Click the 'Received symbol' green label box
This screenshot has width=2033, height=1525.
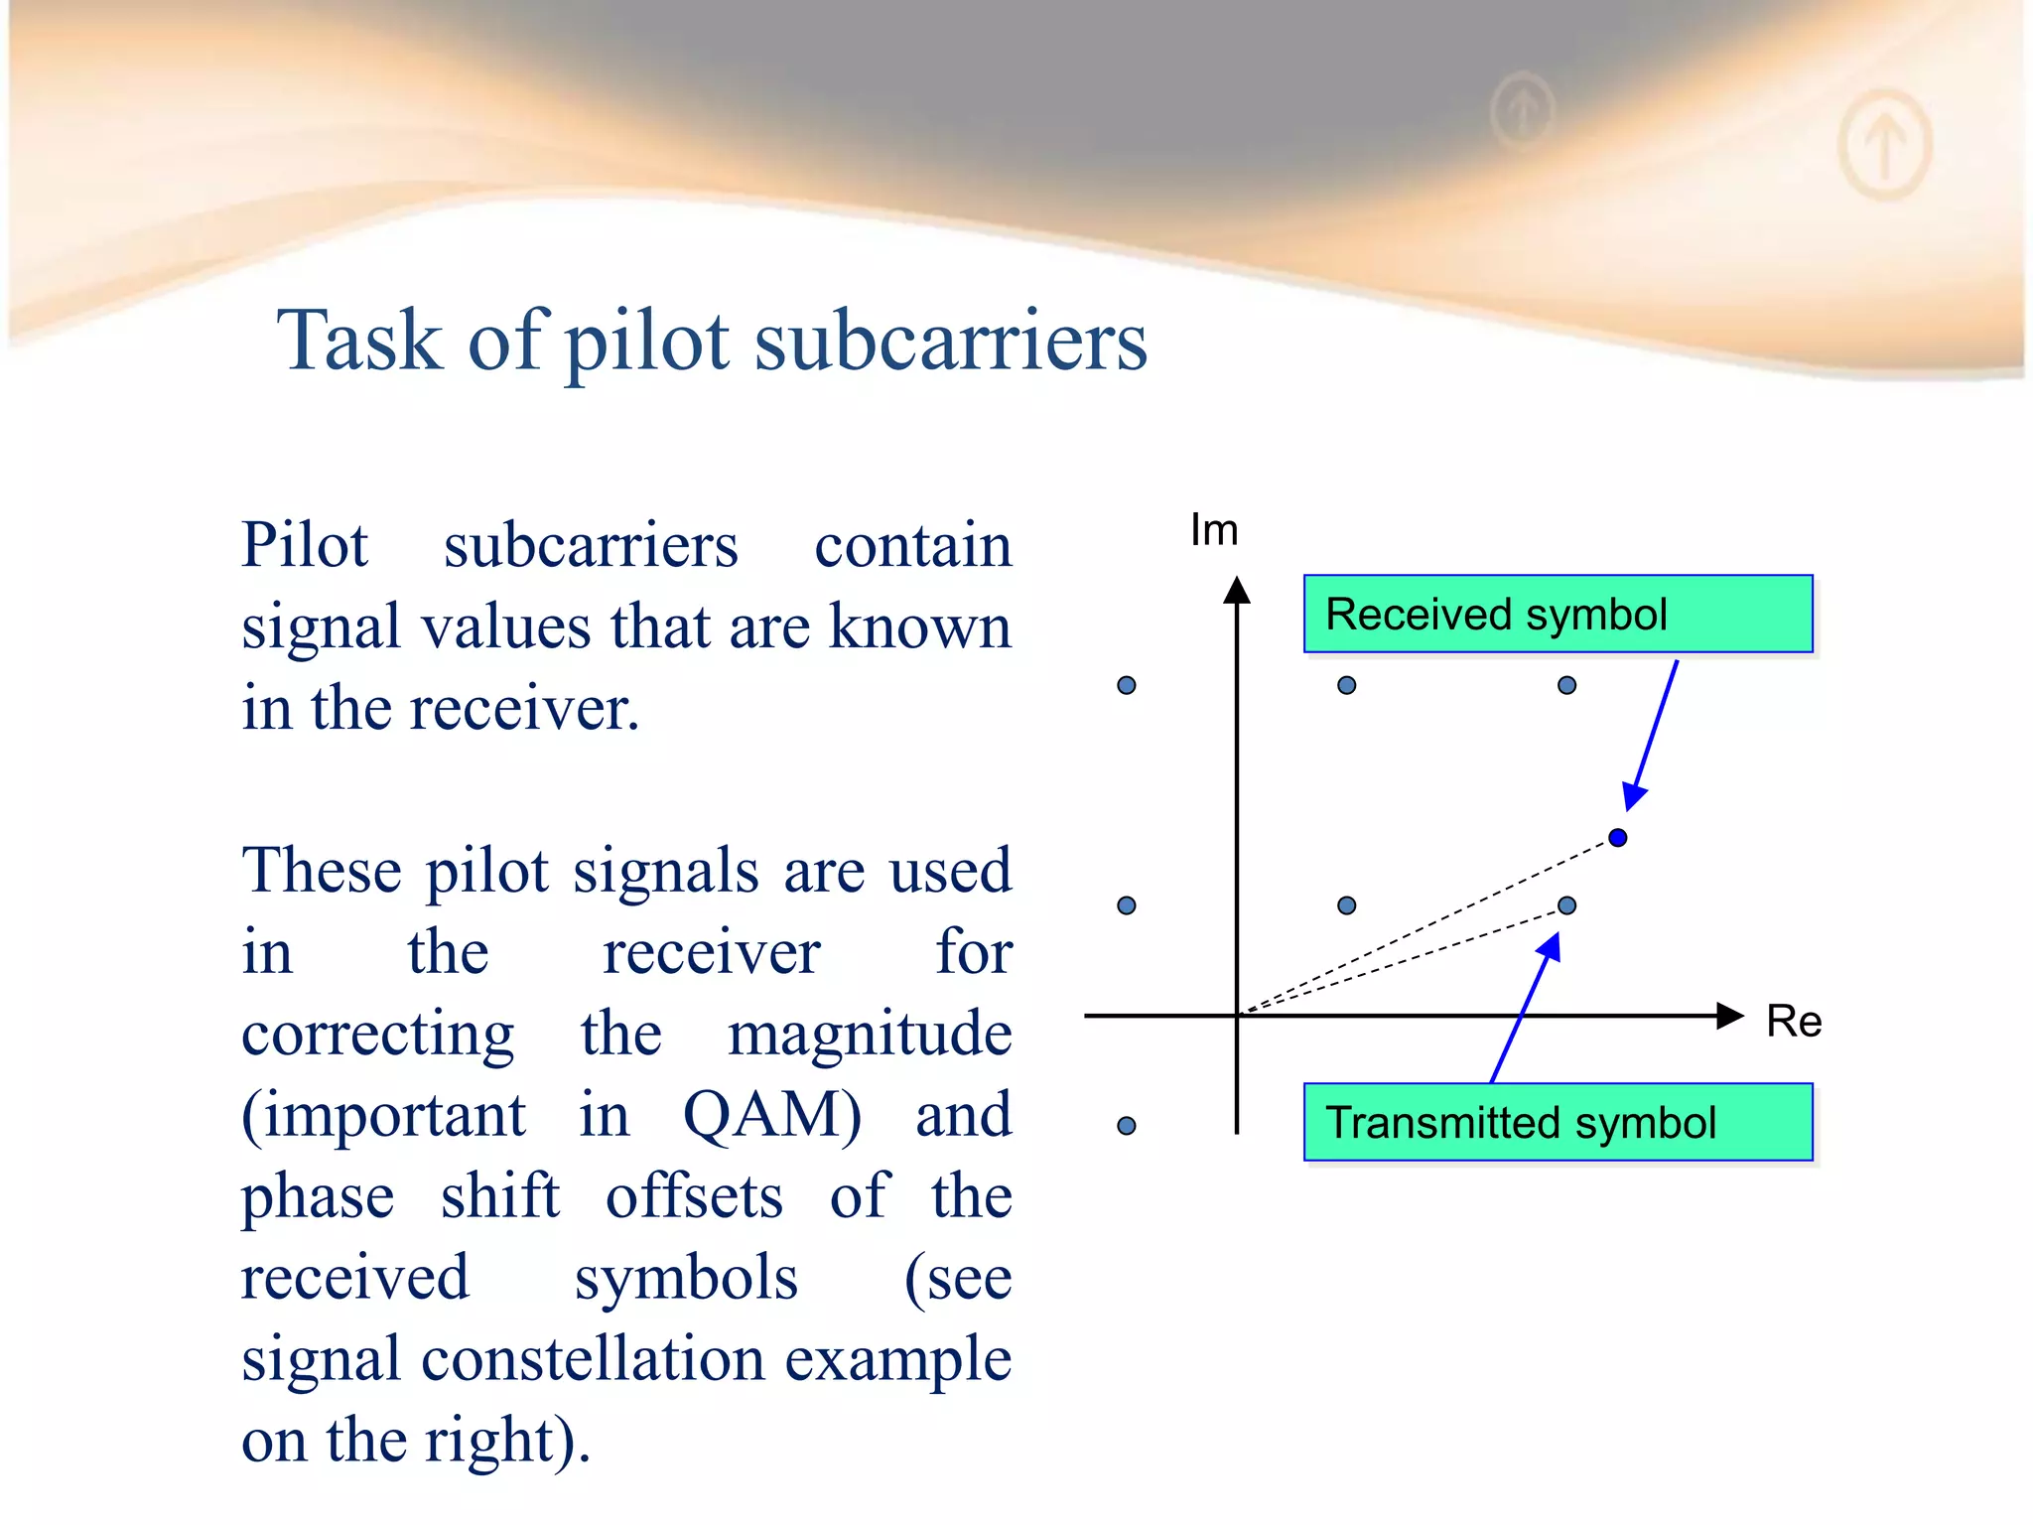pos(1557,614)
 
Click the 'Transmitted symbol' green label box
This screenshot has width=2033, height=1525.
pos(1557,1122)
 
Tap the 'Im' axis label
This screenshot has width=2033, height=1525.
pos(1213,530)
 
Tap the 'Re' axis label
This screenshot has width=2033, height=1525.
pos(1793,1022)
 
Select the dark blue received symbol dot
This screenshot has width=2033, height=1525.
pos(1617,838)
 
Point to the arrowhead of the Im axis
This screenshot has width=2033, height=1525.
pos(1236,591)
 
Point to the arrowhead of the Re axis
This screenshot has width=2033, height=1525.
pos(1729,1016)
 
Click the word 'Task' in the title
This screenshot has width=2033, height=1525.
pos(359,341)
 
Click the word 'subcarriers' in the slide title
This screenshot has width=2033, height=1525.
pos(950,341)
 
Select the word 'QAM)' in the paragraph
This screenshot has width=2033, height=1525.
pos(771,1115)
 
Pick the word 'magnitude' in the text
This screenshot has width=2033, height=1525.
pos(870,1034)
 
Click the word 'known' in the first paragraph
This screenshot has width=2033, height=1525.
pos(919,627)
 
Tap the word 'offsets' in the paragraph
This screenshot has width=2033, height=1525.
pos(694,1196)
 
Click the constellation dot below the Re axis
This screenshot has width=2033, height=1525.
pos(1126,1126)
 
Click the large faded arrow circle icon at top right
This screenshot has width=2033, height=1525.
pos(1884,144)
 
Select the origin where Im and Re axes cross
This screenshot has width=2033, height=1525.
pos(1237,1016)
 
